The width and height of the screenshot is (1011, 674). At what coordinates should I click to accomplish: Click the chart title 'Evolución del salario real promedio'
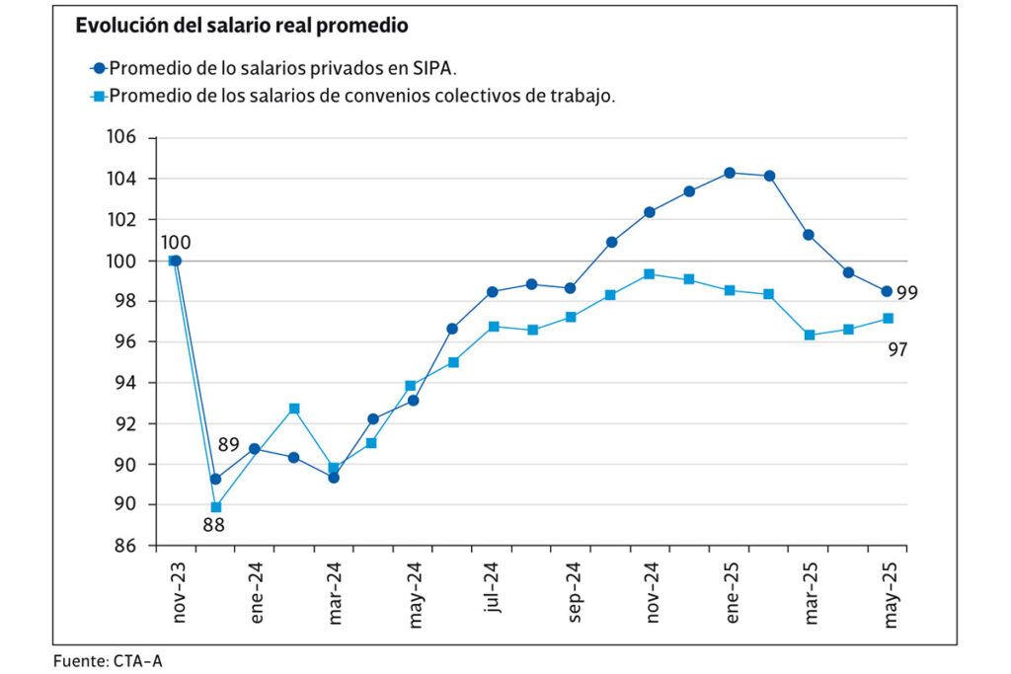tap(242, 27)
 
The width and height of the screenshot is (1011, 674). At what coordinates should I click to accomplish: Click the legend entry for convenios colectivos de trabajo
tap(355, 96)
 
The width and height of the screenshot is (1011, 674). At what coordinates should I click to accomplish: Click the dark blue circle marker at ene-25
tap(730, 173)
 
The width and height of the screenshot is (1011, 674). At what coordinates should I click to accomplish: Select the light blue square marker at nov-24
tap(649, 274)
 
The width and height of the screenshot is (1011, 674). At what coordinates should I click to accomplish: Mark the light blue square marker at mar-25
tap(810, 336)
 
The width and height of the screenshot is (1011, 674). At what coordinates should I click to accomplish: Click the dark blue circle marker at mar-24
tap(334, 478)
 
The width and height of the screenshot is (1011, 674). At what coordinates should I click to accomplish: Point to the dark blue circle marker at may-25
tap(887, 291)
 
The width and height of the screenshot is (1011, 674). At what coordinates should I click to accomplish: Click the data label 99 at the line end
tap(907, 293)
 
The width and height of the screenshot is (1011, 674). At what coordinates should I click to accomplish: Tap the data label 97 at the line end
tap(897, 349)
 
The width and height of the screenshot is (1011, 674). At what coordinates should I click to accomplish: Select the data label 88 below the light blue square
tap(213, 525)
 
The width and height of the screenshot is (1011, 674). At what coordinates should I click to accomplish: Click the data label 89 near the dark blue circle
tap(228, 446)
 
